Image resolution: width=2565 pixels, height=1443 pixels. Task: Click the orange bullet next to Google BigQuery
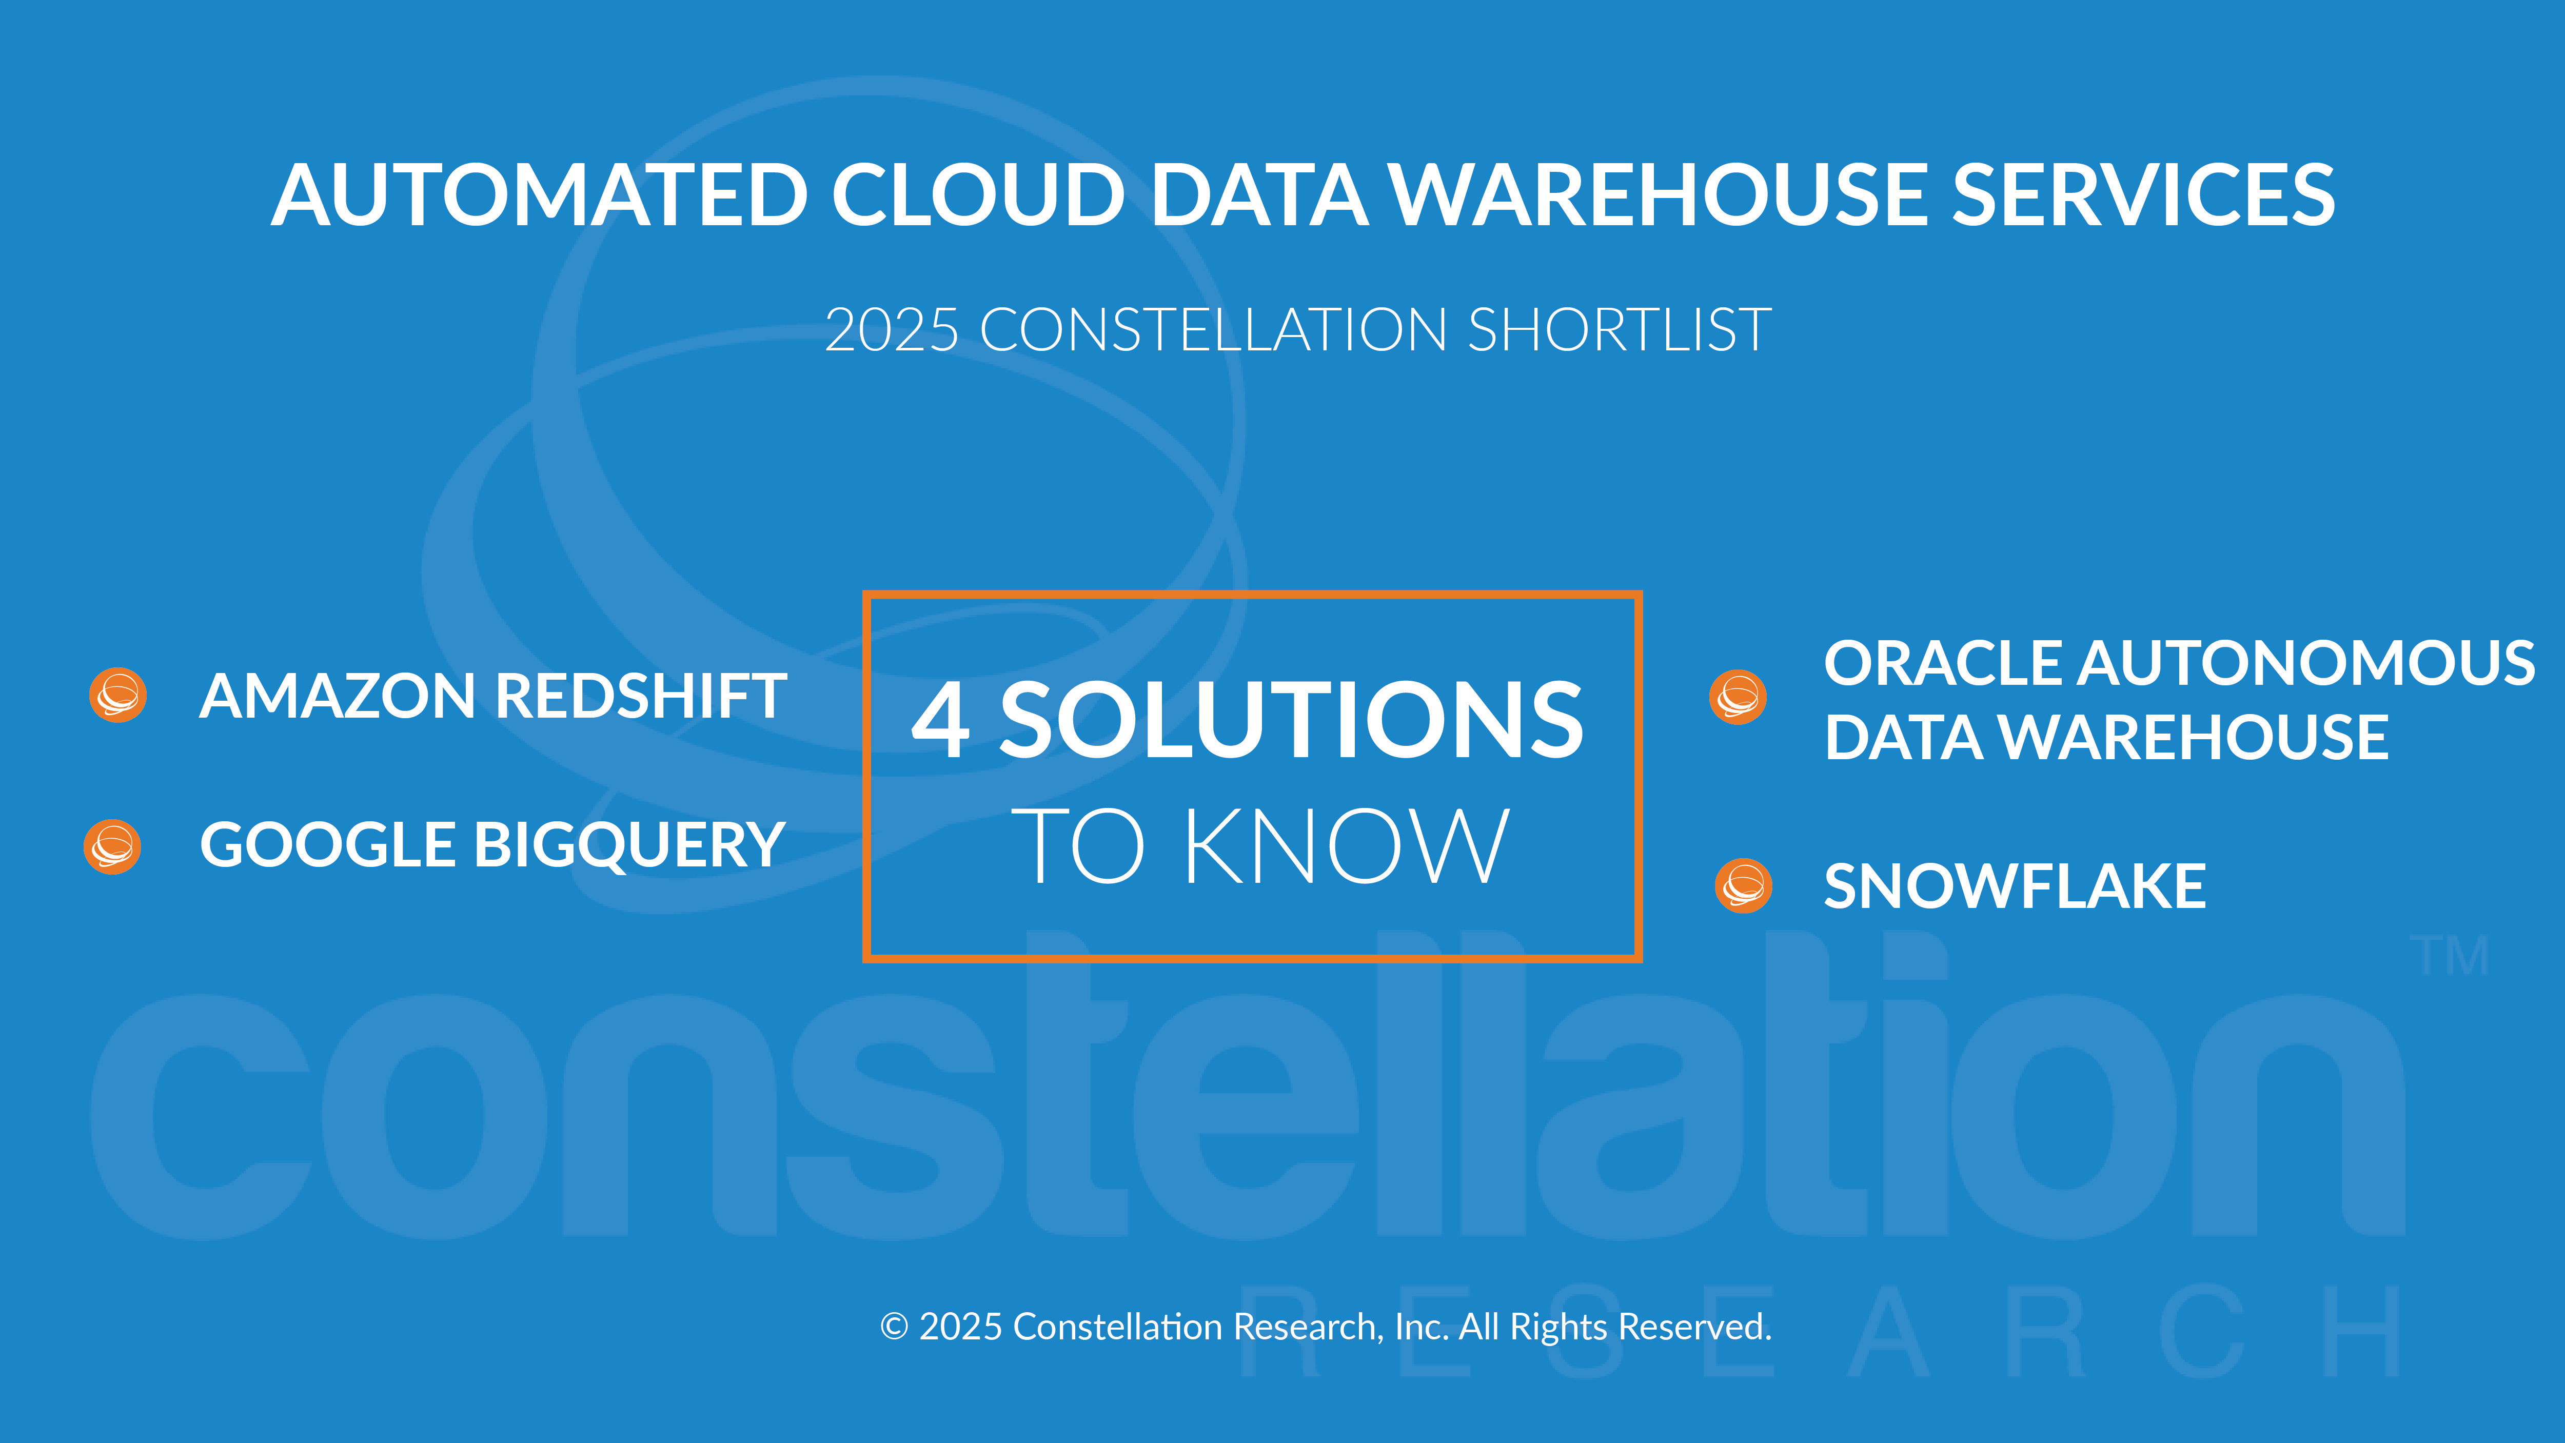click(x=112, y=846)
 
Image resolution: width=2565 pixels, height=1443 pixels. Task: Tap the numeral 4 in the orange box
click(x=940, y=720)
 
